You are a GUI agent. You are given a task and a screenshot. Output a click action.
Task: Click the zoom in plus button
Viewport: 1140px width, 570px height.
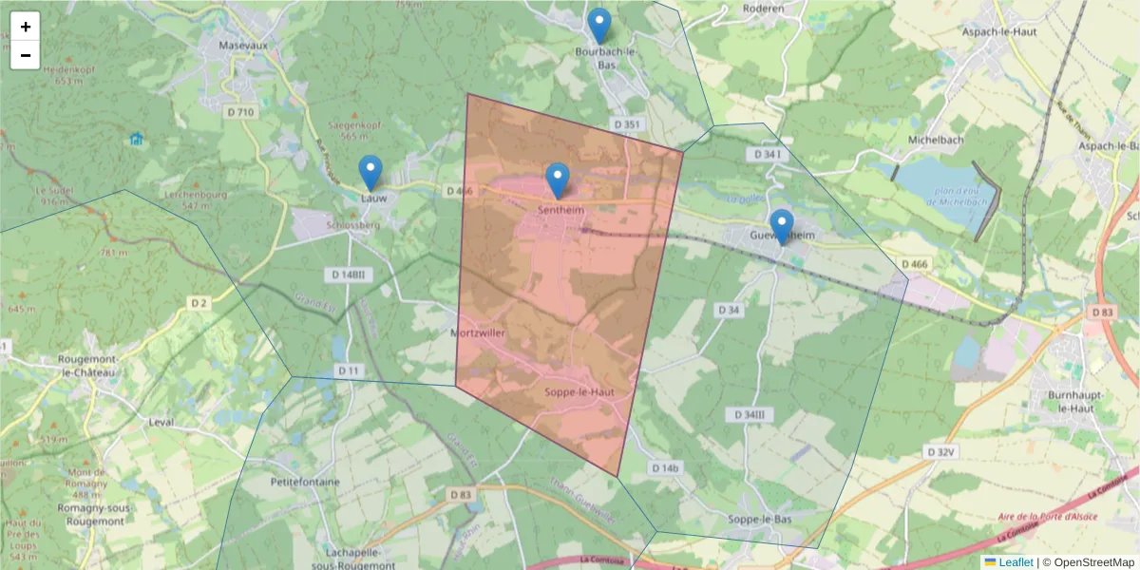tap(26, 27)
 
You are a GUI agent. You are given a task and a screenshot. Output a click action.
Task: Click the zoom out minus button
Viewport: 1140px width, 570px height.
tap(26, 55)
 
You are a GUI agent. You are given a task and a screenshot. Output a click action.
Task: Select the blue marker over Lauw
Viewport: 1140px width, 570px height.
tap(370, 172)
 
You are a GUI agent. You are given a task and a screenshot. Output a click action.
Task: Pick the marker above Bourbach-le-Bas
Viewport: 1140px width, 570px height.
tap(599, 25)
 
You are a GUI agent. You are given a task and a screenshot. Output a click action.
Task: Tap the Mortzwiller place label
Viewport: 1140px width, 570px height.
tap(478, 333)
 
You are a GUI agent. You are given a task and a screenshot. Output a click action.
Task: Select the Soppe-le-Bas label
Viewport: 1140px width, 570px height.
tap(759, 520)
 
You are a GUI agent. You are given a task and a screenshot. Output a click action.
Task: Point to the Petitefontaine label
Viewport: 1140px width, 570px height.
tap(280, 482)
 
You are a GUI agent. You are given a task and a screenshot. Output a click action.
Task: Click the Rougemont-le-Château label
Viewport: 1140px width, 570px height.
tap(86, 366)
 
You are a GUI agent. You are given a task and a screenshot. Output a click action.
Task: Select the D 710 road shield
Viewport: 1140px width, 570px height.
tap(240, 112)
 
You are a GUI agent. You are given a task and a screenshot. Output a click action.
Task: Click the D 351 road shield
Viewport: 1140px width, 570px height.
tap(626, 124)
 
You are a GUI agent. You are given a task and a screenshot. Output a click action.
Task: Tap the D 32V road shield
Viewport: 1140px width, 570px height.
tap(939, 452)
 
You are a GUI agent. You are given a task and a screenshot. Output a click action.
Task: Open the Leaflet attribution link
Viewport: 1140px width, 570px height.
tap(1015, 562)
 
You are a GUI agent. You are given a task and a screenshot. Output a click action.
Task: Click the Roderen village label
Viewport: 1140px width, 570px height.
tap(764, 9)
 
